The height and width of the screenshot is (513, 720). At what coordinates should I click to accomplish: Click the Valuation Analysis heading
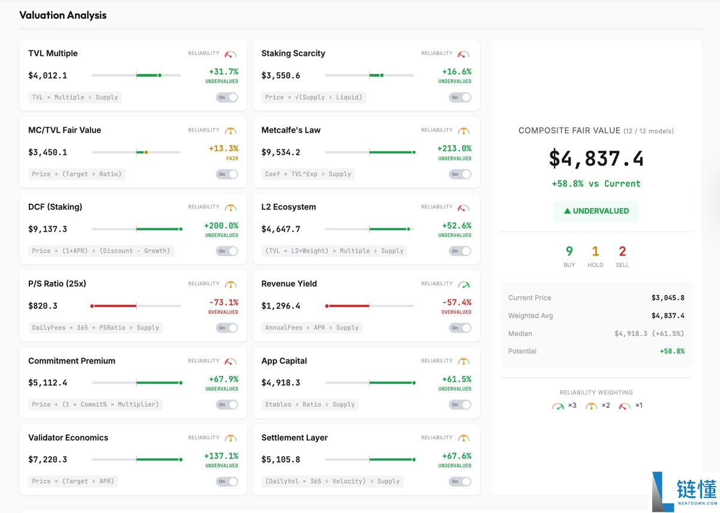pyautogui.click(x=63, y=16)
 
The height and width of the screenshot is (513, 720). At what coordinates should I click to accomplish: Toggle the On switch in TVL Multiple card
pyautogui.click(x=227, y=97)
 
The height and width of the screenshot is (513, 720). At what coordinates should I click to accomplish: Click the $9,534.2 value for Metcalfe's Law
pyautogui.click(x=281, y=152)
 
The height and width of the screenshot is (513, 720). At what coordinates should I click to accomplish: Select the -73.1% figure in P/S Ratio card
pyautogui.click(x=223, y=302)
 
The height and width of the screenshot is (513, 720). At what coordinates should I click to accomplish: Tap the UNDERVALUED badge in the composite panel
pyautogui.click(x=596, y=211)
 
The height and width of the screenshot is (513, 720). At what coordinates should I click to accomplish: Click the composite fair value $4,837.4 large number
pyautogui.click(x=596, y=159)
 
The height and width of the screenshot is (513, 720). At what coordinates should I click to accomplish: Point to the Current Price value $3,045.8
pyautogui.click(x=667, y=298)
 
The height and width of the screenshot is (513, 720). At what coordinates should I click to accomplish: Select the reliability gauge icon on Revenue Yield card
pyautogui.click(x=463, y=284)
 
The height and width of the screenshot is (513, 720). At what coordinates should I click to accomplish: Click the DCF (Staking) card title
pyautogui.click(x=55, y=207)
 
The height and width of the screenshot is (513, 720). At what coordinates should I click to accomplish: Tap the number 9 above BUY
pyautogui.click(x=569, y=251)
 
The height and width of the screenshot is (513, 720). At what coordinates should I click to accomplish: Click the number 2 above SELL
pyautogui.click(x=622, y=251)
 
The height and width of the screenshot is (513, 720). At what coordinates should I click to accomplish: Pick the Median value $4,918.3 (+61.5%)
pyautogui.click(x=649, y=334)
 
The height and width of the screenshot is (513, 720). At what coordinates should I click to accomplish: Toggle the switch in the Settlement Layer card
pyautogui.click(x=460, y=481)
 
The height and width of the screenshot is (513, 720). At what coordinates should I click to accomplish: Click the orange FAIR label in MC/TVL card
pyautogui.click(x=232, y=159)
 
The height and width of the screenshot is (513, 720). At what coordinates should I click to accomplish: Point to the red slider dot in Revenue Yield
pyautogui.click(x=327, y=306)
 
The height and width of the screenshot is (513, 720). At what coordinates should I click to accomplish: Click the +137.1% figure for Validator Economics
pyautogui.click(x=221, y=456)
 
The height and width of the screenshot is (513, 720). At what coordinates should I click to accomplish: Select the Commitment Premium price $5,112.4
pyautogui.click(x=48, y=383)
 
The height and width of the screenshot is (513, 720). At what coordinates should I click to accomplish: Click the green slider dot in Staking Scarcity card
pyautogui.click(x=382, y=76)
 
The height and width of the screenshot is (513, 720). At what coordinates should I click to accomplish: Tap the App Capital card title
pyautogui.click(x=284, y=361)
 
